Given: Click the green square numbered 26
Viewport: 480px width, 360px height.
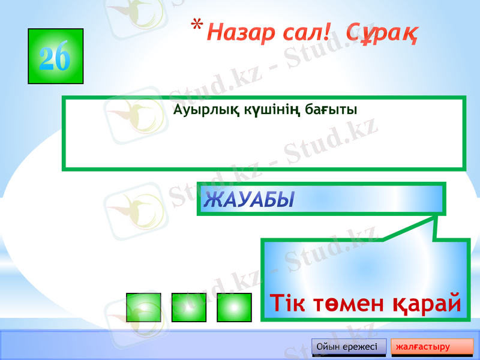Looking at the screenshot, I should (x=55, y=56).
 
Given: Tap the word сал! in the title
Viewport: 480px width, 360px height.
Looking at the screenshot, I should (x=306, y=32).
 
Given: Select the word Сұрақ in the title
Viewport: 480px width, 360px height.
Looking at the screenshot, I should (x=382, y=33).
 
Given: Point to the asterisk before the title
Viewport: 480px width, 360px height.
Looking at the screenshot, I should (x=196, y=26).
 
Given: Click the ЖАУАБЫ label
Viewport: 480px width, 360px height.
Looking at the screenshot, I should (x=249, y=200).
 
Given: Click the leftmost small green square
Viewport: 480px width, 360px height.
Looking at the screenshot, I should (x=144, y=307).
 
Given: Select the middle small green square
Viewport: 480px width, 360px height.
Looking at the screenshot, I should (x=189, y=307).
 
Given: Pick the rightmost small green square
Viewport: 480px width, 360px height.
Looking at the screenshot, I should (x=234, y=307).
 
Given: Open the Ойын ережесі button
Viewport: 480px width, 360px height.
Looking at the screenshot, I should (x=347, y=347).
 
